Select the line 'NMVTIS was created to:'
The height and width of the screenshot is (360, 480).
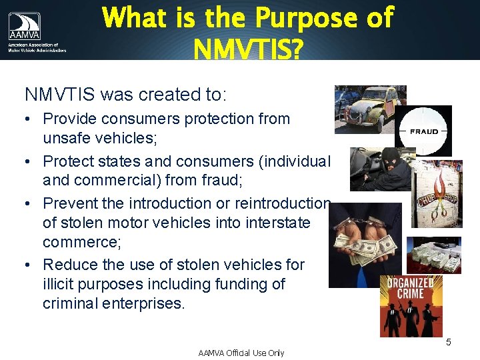(x=126, y=95)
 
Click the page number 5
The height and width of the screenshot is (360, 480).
(x=449, y=342)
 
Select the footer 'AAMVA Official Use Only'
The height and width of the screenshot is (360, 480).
(x=241, y=353)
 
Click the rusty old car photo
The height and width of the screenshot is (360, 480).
(x=370, y=109)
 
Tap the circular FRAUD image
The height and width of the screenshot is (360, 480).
(x=424, y=131)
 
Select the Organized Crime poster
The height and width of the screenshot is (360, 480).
(x=411, y=305)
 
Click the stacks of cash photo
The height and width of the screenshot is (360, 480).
(x=433, y=255)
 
